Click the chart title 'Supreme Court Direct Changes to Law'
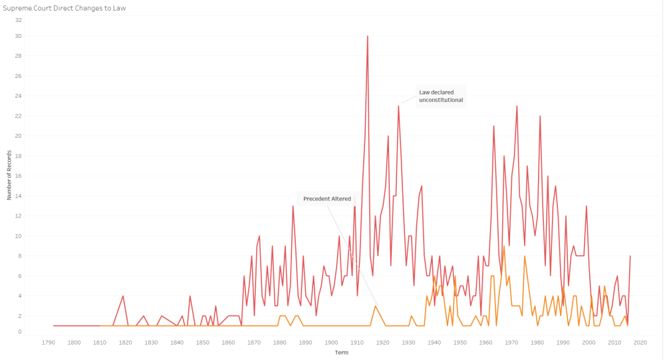pos(65,8)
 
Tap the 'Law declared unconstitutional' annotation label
pos(440,96)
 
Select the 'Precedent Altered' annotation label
pos(327,198)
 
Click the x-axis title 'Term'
pos(341,353)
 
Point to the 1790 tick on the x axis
pos(49,343)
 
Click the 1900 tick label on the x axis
pos(331,343)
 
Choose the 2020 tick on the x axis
pos(640,343)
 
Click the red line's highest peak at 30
pos(367,36)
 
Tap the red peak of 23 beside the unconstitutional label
pos(398,106)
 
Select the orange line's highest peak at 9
pos(504,246)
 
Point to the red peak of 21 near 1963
pos(493,126)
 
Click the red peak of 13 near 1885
pos(293,206)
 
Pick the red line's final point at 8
pos(630,256)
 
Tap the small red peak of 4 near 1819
pos(123,295)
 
